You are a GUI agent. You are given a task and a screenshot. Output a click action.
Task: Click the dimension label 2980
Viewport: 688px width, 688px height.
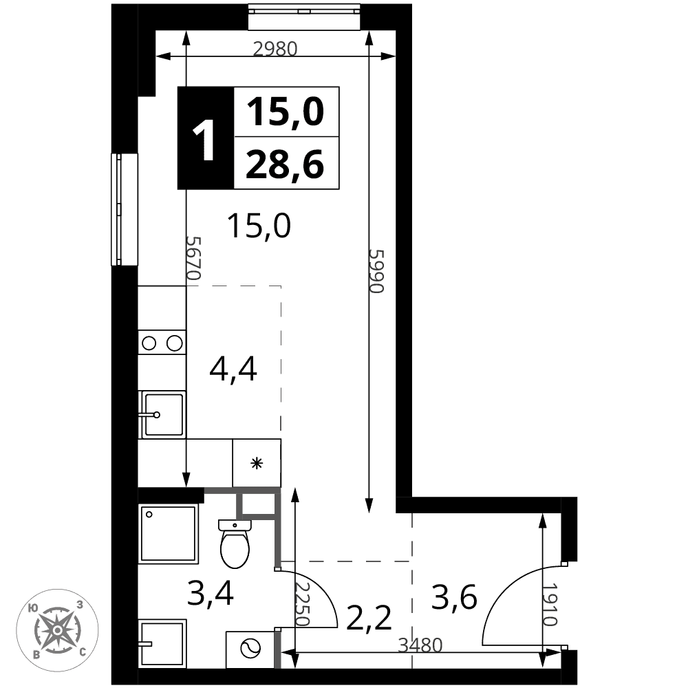[276, 49]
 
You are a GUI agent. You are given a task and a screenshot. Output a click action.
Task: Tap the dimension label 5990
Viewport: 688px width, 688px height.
[377, 271]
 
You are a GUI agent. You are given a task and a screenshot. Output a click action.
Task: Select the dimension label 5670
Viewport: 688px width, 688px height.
[193, 258]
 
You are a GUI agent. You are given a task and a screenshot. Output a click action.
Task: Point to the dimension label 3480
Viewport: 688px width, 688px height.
[420, 645]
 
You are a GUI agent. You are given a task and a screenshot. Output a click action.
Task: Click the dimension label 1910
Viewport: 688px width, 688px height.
[549, 604]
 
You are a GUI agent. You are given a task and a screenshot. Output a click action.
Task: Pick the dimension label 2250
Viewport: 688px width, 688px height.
[302, 604]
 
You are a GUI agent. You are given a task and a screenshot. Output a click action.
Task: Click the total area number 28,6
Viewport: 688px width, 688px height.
[286, 164]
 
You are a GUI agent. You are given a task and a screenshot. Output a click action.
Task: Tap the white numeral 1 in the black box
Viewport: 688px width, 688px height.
[204, 140]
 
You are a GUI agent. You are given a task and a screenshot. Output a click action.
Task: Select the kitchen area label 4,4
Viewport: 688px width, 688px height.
[233, 369]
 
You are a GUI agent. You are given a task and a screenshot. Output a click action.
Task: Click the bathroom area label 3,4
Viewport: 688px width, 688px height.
[211, 592]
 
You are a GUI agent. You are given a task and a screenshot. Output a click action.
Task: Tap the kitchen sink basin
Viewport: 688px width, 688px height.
[163, 415]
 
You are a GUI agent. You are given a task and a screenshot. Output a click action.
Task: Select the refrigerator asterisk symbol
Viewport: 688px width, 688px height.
[257, 463]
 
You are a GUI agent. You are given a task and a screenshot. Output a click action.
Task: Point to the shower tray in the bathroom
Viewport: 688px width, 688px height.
[168, 534]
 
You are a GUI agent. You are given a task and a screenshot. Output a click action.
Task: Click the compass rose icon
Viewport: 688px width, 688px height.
[58, 630]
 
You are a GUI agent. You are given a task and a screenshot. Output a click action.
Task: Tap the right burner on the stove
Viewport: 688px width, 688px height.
[175, 343]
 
